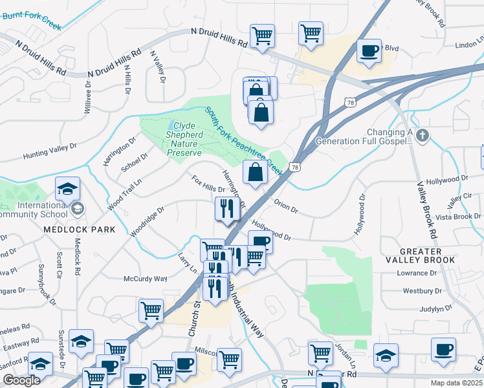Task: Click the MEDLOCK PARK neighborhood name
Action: (x=79, y=230)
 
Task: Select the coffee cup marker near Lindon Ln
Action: (x=369, y=52)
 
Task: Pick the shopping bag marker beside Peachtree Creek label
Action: (x=255, y=173)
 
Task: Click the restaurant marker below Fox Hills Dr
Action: (x=226, y=209)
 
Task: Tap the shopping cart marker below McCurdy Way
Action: (x=151, y=310)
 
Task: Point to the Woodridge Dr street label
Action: (x=148, y=221)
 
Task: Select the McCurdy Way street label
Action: (x=145, y=279)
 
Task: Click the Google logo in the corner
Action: (x=21, y=380)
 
